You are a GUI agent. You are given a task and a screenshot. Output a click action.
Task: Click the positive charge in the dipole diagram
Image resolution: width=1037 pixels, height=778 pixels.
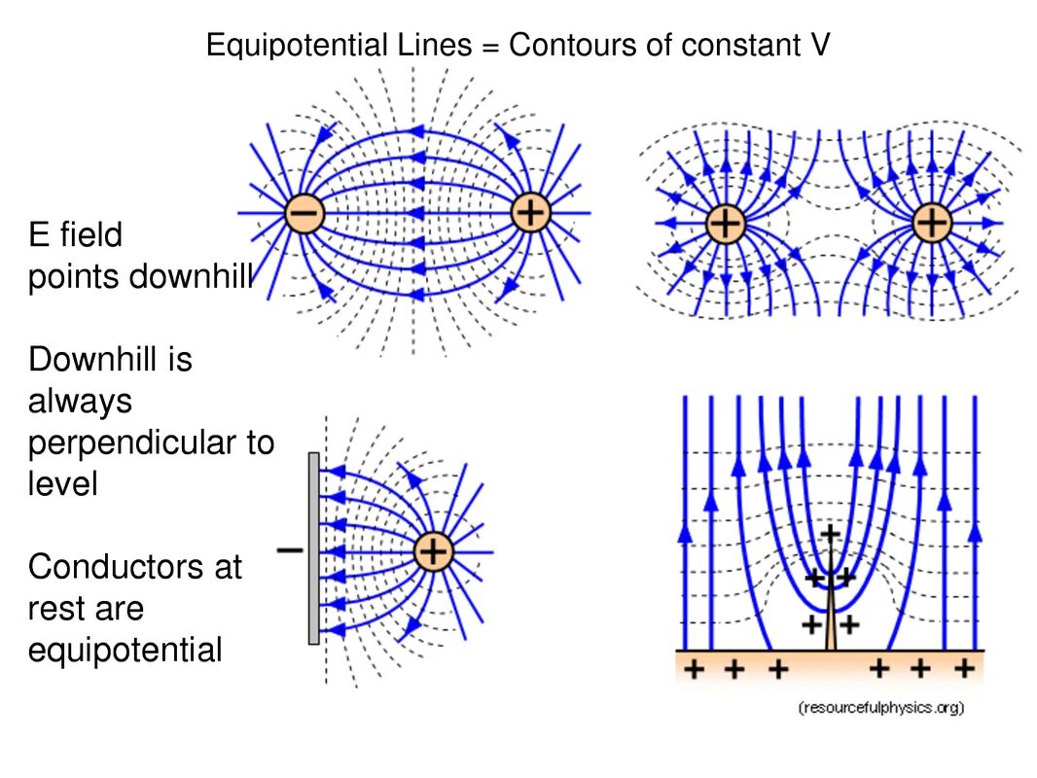tap(531, 212)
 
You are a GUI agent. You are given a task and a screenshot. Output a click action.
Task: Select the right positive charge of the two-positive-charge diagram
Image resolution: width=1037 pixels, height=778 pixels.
tap(932, 224)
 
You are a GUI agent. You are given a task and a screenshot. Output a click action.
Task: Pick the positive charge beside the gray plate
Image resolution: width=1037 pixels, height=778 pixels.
tap(434, 552)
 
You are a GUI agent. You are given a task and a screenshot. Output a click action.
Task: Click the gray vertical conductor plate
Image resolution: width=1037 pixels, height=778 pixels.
tap(313, 548)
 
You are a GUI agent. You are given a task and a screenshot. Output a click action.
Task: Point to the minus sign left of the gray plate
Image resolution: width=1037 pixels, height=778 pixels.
tap(289, 549)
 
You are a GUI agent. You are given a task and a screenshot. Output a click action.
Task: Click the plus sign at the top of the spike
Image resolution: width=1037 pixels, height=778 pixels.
tap(830, 533)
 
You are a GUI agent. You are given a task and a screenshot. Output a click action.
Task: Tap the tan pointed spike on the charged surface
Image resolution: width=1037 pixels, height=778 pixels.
tap(830, 627)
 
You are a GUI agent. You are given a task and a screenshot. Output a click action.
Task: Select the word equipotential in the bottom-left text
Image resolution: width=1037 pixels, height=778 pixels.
tap(125, 650)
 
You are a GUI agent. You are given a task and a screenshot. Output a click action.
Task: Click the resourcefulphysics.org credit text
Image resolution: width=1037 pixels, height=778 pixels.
tap(880, 708)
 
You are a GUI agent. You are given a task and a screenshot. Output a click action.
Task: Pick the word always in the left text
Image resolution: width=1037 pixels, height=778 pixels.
tap(80, 401)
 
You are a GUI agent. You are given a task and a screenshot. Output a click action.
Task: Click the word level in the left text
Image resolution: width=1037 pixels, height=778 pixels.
tap(62, 483)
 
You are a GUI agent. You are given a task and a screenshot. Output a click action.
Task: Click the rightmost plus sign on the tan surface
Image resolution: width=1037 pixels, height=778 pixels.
tap(964, 668)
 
